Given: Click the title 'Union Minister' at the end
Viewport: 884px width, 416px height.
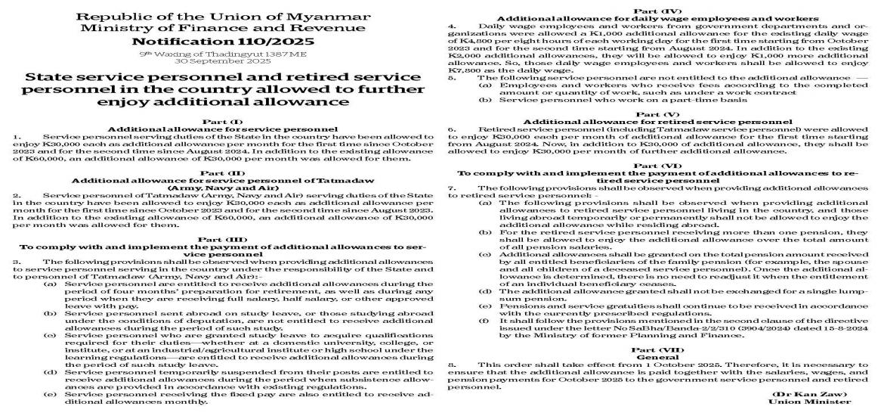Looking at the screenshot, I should coord(826,402).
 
